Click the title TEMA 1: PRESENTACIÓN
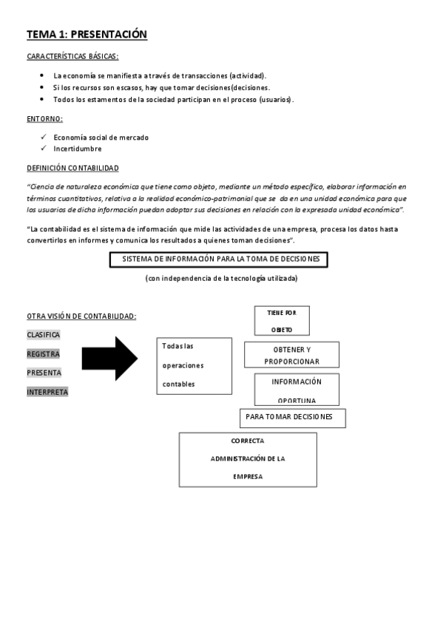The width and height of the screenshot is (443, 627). [87, 34]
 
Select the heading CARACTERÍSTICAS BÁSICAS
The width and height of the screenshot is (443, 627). [72, 57]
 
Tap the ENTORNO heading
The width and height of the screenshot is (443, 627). [44, 119]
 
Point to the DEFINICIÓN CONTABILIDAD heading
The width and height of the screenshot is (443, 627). [72, 168]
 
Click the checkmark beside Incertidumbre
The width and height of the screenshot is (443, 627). [44, 149]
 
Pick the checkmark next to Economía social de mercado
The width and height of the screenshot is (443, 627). [44, 138]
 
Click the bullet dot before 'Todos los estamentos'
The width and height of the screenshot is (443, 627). [44, 99]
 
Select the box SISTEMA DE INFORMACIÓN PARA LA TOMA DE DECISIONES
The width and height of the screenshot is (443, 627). [218, 260]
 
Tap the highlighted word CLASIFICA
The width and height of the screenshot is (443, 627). [44, 334]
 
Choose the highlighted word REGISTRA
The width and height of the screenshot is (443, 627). [44, 353]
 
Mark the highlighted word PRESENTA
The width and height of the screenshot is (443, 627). [44, 373]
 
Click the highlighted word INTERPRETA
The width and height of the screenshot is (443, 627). [47, 392]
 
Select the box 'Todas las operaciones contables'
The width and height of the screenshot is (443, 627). [195, 365]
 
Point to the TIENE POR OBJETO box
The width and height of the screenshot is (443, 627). [282, 321]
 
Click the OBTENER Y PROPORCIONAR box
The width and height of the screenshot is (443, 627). [291, 355]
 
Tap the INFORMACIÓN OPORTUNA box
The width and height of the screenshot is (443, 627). [297, 390]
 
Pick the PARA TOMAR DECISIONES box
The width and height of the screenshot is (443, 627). [293, 418]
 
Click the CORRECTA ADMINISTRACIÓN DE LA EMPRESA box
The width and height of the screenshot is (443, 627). [248, 459]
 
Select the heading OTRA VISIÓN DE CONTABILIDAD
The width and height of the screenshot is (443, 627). [81, 316]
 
